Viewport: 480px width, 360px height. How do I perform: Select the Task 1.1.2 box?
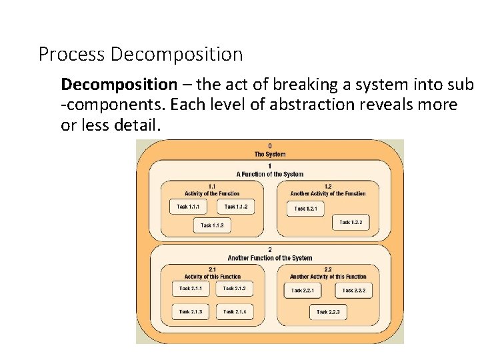236,207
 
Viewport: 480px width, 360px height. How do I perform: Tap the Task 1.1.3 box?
212,226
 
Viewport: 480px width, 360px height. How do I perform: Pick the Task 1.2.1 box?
305,209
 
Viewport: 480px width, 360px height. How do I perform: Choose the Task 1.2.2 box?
351,222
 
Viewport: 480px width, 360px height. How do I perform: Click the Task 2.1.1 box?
190,289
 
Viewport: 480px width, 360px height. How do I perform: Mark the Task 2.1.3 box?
190,311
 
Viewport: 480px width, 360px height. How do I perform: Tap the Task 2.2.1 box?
302,291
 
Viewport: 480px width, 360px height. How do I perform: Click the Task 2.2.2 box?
353,291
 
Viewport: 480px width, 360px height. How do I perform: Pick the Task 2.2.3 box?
328,312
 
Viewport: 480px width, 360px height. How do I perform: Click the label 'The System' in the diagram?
269,155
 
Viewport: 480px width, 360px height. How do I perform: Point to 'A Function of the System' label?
269,174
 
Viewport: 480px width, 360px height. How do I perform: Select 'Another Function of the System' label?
269,258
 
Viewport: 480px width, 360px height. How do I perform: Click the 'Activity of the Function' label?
211,193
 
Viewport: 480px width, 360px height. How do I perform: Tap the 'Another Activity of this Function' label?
327,277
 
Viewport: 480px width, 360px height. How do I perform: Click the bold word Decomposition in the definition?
119,85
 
